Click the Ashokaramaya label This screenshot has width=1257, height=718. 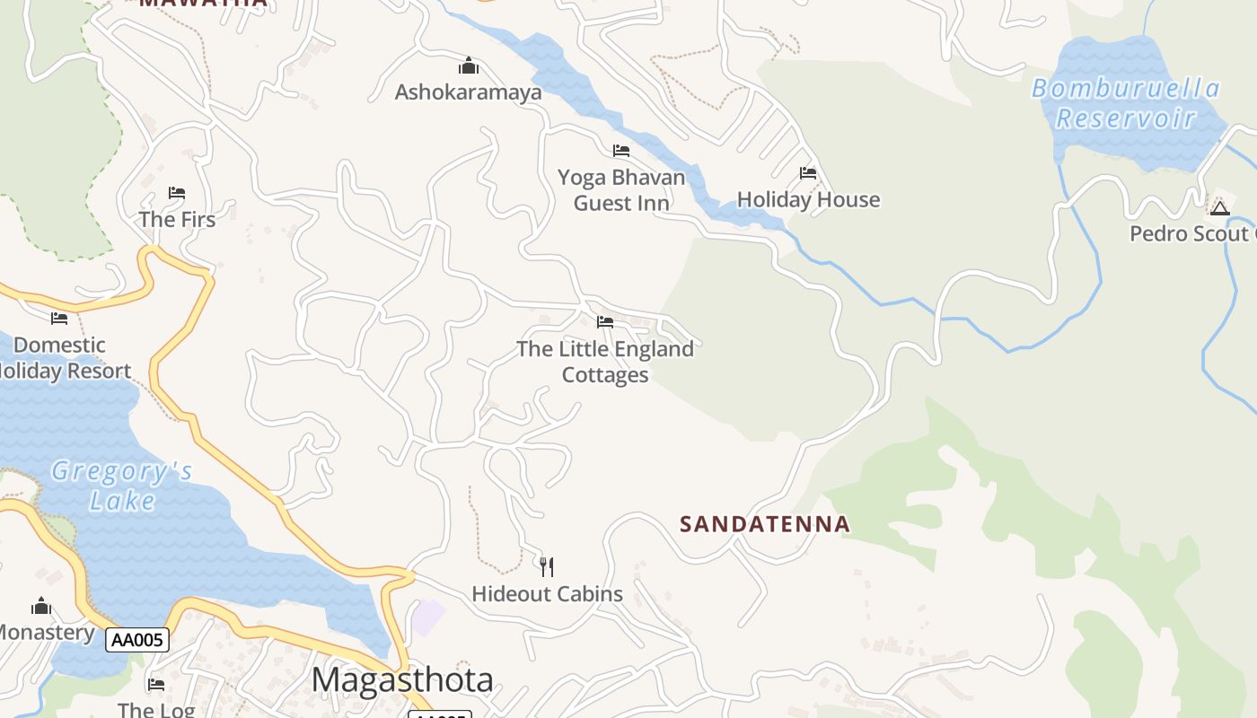coord(468,92)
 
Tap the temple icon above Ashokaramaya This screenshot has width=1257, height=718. coord(468,66)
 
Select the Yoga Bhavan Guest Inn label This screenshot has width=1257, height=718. coord(621,189)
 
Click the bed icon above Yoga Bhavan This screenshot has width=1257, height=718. coord(621,150)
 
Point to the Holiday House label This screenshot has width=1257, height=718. coord(808,199)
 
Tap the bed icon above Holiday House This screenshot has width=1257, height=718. coord(808,172)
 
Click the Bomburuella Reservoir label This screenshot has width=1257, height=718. coord(1126,103)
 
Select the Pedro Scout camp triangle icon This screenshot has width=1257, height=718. coord(1219,208)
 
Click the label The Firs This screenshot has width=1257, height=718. coord(177,219)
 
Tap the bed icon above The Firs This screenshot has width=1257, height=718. coord(177,192)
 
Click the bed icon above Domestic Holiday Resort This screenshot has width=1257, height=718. coord(59,318)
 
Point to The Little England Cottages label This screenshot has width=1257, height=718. coord(605,362)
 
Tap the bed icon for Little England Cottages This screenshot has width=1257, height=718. coord(605,321)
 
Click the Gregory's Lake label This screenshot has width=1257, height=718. coord(122,485)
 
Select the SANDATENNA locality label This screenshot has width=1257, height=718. coord(764,523)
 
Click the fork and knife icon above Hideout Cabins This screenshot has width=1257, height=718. coord(547,566)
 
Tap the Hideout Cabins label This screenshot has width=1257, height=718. coord(547,593)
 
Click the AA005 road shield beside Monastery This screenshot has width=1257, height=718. coord(137,640)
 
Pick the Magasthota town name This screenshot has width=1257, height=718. coord(402,679)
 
